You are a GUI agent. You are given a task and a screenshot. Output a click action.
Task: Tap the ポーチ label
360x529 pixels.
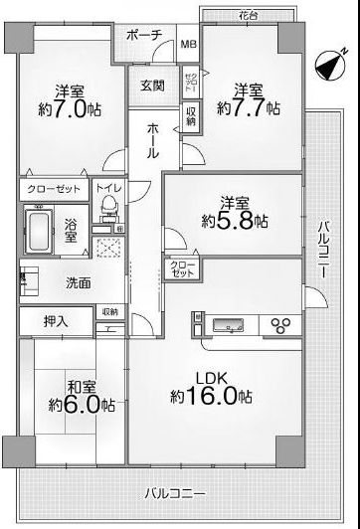[146, 35]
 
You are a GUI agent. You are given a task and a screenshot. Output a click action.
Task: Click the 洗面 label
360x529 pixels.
[80, 283]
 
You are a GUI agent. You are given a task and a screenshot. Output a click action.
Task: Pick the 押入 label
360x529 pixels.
[57, 320]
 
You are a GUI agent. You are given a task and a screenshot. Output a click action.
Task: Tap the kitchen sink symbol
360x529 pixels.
[226, 324]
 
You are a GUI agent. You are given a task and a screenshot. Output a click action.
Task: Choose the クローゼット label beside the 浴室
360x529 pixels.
[55, 188]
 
